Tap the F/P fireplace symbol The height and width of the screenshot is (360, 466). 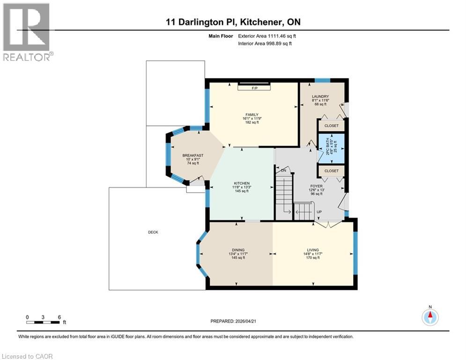click(x=254, y=88)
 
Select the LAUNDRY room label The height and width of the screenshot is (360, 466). click(x=320, y=97)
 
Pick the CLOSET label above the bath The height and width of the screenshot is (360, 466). click(x=331, y=126)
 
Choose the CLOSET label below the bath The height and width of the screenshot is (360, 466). click(x=331, y=171)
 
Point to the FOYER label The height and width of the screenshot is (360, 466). click(x=317, y=186)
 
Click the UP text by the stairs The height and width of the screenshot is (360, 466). click(x=319, y=211)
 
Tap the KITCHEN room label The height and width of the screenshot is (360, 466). click(x=242, y=183)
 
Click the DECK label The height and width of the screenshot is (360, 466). click(x=153, y=232)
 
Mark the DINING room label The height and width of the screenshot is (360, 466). click(x=238, y=250)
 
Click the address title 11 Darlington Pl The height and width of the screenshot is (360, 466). click(x=233, y=22)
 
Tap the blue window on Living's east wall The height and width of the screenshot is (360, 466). click(x=355, y=253)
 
